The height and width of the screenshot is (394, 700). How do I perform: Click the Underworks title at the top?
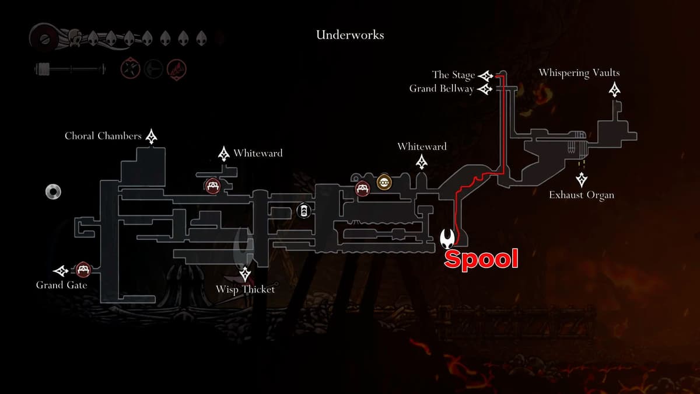click(350, 35)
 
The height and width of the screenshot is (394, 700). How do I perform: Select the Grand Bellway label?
click(441, 89)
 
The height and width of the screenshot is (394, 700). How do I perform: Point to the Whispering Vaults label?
click(579, 73)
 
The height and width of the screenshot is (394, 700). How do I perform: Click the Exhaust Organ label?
click(582, 195)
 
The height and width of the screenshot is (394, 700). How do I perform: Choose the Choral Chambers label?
click(103, 136)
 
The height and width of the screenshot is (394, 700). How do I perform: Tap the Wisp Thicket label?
click(245, 289)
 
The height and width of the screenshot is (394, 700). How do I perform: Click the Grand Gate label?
click(61, 285)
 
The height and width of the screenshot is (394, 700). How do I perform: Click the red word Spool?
click(481, 259)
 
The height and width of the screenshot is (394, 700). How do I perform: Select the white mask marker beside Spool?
click(448, 238)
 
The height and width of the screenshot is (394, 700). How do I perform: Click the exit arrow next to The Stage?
click(485, 75)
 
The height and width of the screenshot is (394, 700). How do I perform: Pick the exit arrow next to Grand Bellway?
click(484, 89)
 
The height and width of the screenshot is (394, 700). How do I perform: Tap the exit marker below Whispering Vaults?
click(614, 89)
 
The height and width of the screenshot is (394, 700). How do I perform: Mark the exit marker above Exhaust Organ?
click(582, 179)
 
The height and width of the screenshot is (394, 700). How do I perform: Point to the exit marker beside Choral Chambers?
click(152, 137)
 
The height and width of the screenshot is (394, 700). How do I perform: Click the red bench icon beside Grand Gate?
click(83, 270)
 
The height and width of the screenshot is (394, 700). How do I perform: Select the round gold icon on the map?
click(383, 182)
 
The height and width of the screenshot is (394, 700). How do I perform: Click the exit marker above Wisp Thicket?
click(245, 273)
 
